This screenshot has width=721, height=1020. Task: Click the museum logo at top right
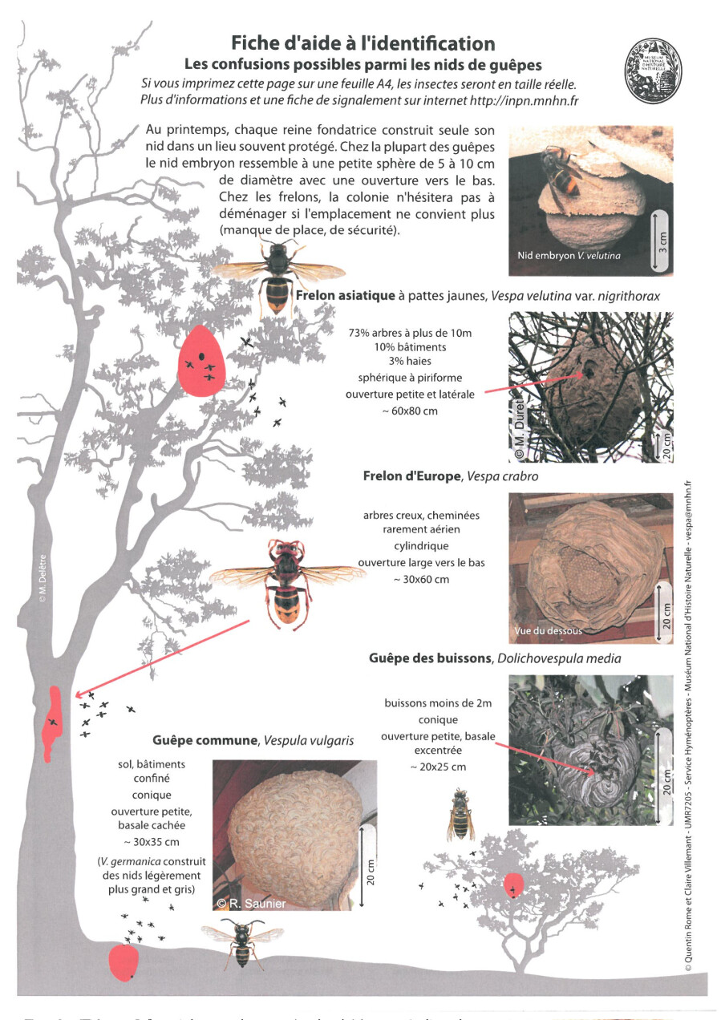(x=653, y=71)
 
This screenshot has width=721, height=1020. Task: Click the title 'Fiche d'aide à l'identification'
(x=363, y=42)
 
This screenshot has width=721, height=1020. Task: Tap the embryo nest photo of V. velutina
(x=590, y=196)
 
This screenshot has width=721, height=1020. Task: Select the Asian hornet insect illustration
(x=278, y=277)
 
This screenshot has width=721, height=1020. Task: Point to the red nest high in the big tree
(x=201, y=360)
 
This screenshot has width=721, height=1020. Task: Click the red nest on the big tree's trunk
(x=53, y=722)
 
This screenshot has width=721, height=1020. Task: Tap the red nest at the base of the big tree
(x=123, y=961)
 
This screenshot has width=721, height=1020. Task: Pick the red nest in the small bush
(x=514, y=885)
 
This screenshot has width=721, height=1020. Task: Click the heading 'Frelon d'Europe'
(x=412, y=476)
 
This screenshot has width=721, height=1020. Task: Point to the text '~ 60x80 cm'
(x=410, y=411)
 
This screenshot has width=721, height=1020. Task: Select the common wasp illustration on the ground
(x=241, y=941)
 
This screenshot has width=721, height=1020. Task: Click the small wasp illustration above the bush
(x=460, y=813)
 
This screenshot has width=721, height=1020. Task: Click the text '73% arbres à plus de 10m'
(x=410, y=332)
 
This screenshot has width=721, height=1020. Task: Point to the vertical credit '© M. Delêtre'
(x=43, y=577)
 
